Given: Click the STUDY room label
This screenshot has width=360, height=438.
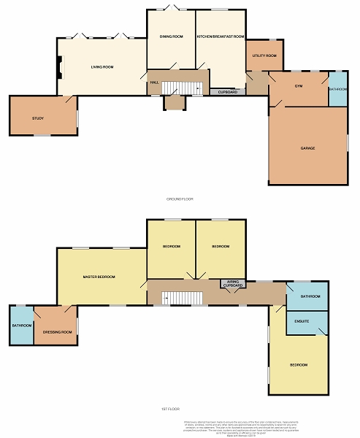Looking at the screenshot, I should (x=38, y=118).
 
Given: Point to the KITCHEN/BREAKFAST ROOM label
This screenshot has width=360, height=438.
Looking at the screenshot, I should (x=221, y=36).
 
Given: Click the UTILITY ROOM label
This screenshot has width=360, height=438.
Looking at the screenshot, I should (x=264, y=55).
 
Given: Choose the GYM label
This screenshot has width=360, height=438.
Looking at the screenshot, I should (x=299, y=86).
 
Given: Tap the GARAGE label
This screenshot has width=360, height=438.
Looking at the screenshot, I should (x=307, y=148).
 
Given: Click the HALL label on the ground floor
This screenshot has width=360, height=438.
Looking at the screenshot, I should (x=155, y=82).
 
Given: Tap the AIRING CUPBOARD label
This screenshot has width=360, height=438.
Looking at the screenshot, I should (x=232, y=283).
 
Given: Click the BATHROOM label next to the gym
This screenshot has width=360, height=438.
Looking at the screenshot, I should (x=338, y=89).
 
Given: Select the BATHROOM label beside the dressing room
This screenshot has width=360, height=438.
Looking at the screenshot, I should (x=22, y=326).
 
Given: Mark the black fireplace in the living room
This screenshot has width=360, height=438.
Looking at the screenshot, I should (x=60, y=67).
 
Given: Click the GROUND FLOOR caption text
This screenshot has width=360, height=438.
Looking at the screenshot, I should (x=179, y=199).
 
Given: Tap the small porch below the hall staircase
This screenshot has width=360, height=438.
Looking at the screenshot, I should (x=175, y=103).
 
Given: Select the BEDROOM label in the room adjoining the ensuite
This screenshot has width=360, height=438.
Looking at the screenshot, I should (x=299, y=364).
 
